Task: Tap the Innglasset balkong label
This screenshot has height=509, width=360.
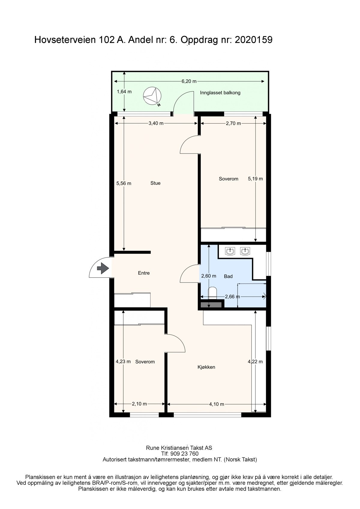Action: click(220, 93)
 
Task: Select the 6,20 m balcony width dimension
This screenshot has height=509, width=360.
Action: click(189, 81)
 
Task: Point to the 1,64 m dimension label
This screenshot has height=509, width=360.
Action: click(124, 92)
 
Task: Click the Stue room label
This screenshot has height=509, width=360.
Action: click(155, 183)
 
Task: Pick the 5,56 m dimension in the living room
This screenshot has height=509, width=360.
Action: click(124, 183)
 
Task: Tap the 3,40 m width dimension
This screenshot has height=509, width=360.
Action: click(156, 123)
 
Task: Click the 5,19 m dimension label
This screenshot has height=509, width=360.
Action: click(255, 179)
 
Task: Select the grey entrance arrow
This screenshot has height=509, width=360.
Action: click(103, 268)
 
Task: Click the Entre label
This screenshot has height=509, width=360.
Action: click(144, 273)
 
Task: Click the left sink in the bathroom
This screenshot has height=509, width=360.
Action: click(230, 251)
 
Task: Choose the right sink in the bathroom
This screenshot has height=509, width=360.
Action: click(245, 251)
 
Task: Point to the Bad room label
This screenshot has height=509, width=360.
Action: click(228, 276)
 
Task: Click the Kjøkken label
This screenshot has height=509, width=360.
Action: click(206, 367)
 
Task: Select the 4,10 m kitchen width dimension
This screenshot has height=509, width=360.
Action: click(217, 404)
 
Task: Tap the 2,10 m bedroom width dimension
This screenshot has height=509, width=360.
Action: click(139, 404)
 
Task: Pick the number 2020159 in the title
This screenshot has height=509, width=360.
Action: click(253, 40)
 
